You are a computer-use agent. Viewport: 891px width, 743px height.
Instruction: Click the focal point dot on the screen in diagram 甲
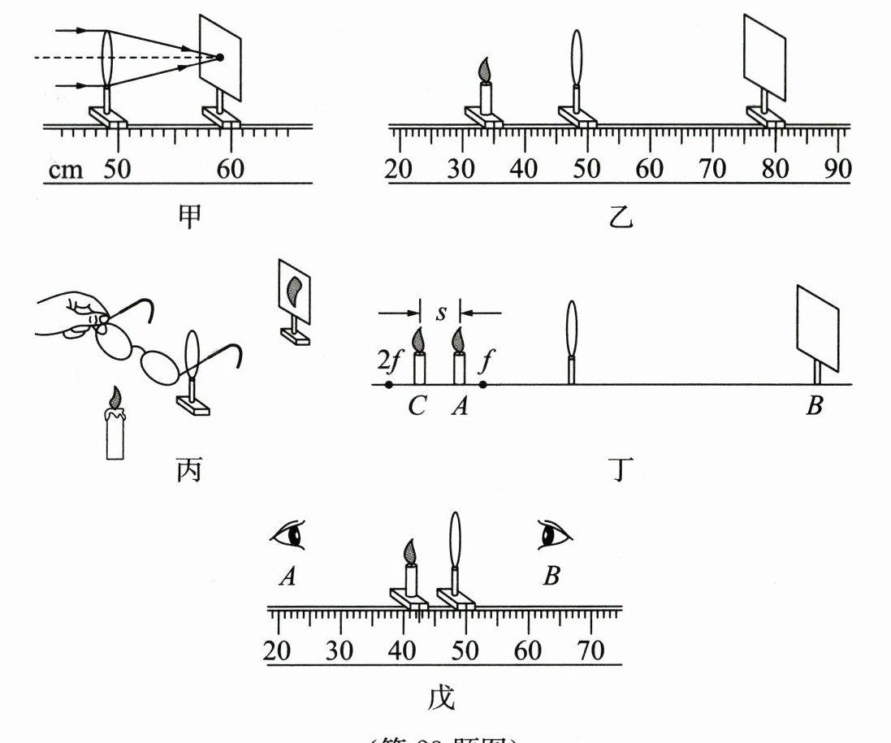[219, 57]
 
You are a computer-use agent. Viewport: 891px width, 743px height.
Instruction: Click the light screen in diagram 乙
[766, 58]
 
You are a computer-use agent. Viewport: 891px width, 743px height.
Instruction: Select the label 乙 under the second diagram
[621, 216]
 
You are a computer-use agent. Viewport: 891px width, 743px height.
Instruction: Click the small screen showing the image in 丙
[295, 289]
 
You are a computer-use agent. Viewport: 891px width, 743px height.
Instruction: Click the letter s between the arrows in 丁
[440, 313]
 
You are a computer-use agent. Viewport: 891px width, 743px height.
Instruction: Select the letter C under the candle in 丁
[417, 406]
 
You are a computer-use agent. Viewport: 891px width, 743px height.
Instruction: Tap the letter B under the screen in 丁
[815, 406]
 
